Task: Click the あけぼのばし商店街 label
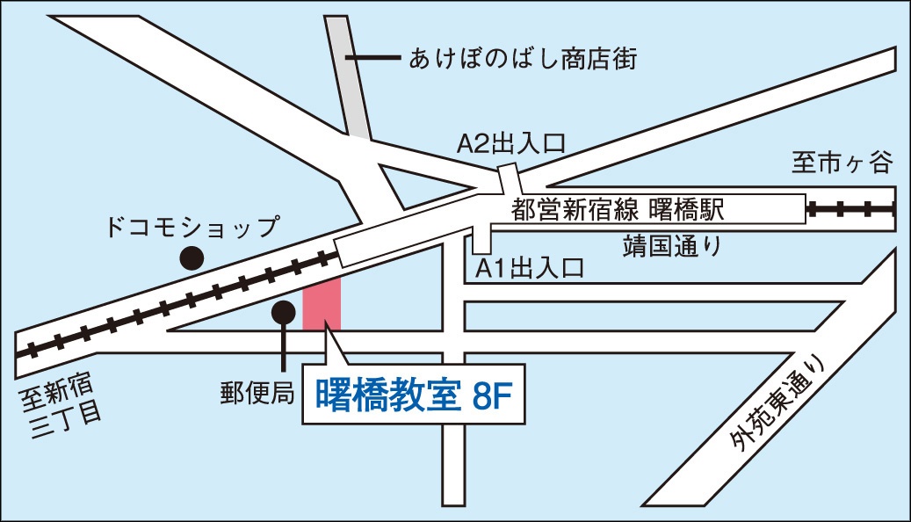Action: [523, 60]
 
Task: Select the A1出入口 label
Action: [530, 269]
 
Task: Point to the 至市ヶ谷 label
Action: [842, 163]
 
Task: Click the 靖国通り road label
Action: [672, 244]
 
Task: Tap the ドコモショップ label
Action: [191, 228]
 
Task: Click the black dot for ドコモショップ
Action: [192, 258]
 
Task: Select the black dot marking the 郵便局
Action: [283, 311]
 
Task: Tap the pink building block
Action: [322, 302]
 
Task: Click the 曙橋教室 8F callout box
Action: [414, 397]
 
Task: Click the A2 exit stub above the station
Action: [509, 178]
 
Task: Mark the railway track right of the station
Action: [850, 210]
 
